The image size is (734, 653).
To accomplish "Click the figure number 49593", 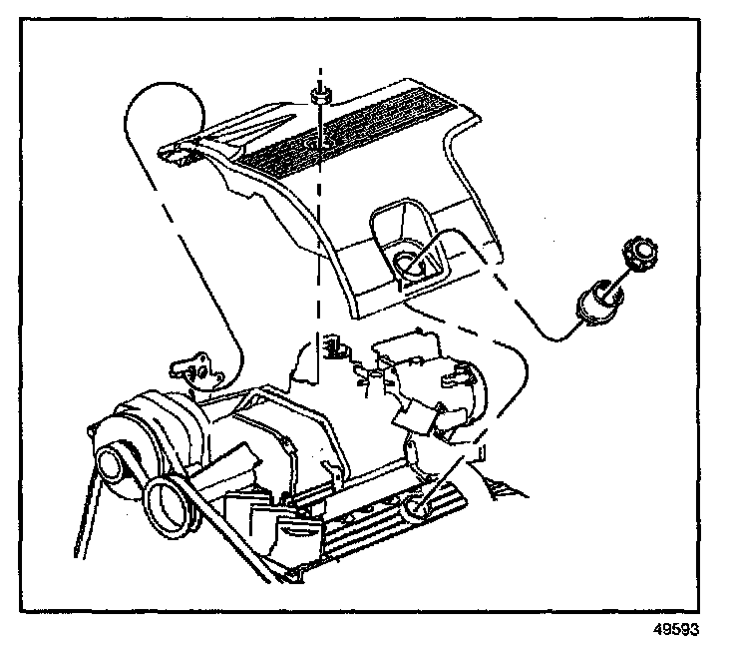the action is click(675, 629).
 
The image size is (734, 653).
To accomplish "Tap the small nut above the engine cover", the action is click(320, 95).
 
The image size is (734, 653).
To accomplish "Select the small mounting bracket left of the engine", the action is click(194, 370).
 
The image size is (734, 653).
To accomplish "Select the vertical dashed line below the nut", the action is click(319, 250).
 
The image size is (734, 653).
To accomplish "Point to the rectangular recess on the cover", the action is click(404, 240).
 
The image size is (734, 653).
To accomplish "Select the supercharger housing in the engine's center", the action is click(289, 439).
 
